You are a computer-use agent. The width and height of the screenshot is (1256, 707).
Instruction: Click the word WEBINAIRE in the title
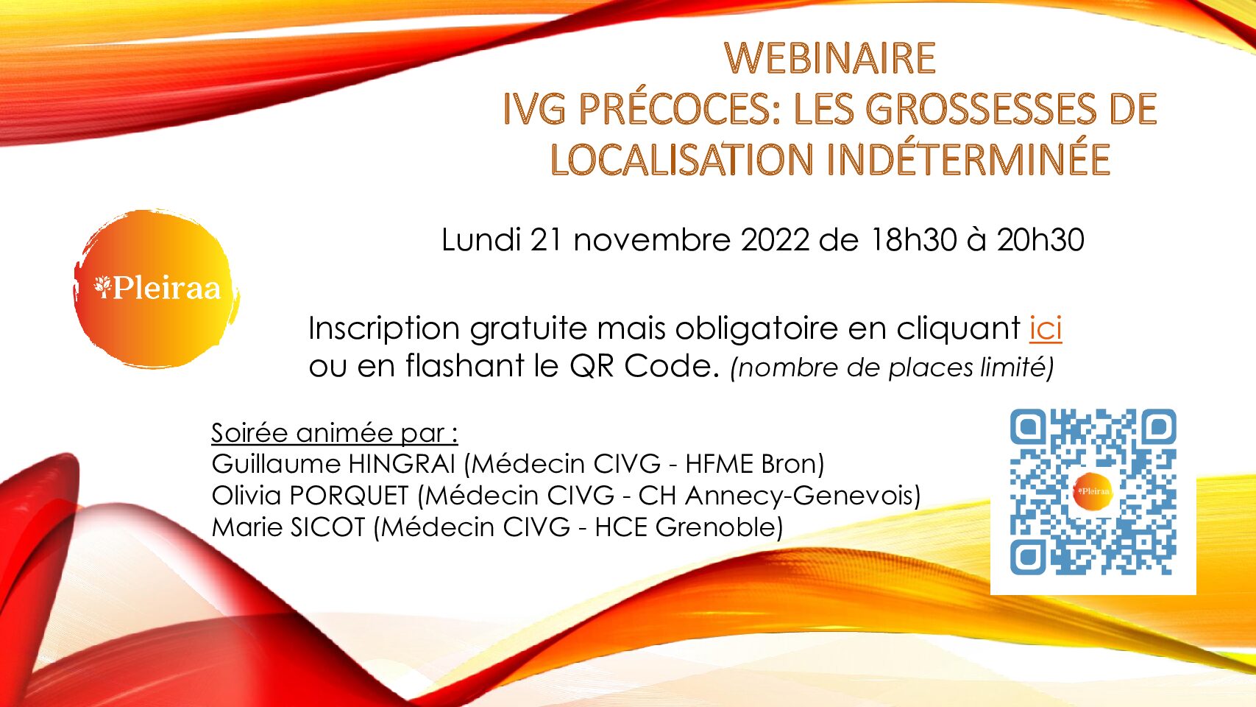pyautogui.click(x=830, y=57)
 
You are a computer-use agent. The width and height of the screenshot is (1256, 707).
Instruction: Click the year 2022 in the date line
pyautogui.click(x=775, y=239)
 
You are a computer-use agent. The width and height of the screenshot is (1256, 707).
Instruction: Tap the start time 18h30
pyautogui.click(x=913, y=239)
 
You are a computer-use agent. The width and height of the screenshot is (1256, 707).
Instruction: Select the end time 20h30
pyautogui.click(x=1040, y=239)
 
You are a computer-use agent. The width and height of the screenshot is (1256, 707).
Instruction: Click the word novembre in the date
pyautogui.click(x=652, y=240)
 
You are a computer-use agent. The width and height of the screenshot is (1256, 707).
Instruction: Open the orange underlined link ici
pyautogui.click(x=1046, y=328)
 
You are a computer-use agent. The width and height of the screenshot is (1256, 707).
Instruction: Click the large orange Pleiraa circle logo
pyautogui.click(x=156, y=289)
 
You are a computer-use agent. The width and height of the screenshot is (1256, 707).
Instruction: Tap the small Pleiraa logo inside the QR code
pyautogui.click(x=1093, y=491)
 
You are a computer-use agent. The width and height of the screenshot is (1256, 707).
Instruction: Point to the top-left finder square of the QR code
pyautogui.click(x=1028, y=427)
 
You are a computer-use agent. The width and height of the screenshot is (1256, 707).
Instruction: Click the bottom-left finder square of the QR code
pyautogui.click(x=1028, y=557)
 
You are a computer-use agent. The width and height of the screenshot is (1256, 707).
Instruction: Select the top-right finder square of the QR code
pyautogui.click(x=1158, y=427)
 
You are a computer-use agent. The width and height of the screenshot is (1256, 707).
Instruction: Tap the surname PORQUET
pyautogui.click(x=349, y=496)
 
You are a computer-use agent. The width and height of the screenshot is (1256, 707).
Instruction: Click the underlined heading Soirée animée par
pyautogui.click(x=334, y=432)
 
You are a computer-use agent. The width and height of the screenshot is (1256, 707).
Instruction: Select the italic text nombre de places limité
pyautogui.click(x=892, y=368)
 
